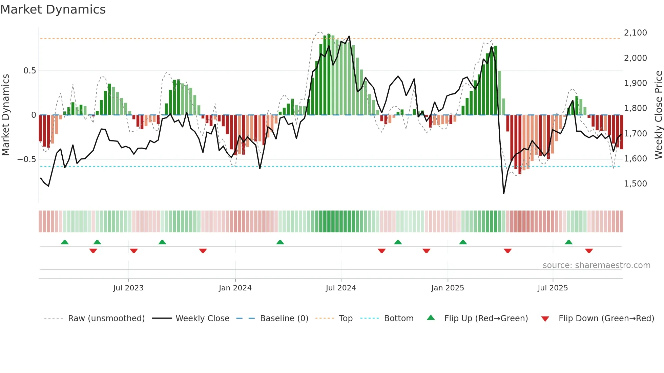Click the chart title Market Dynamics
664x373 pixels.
pyautogui.click(x=53, y=9)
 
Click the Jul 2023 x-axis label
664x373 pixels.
pyautogui.click(x=128, y=288)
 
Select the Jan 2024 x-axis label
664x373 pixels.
pyautogui.click(x=235, y=288)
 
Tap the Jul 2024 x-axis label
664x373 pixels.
pyautogui.click(x=341, y=288)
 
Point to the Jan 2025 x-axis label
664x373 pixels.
pyautogui.click(x=448, y=288)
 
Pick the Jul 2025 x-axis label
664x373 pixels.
pyautogui.click(x=553, y=288)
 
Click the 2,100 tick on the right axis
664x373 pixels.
pyautogui.click(x=635, y=33)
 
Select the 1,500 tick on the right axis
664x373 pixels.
pyautogui.click(x=635, y=184)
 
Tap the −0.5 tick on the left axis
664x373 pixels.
pyautogui.click(x=26, y=159)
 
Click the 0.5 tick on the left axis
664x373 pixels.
pyautogui.click(x=29, y=71)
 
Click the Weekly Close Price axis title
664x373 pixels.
pyautogui.click(x=658, y=115)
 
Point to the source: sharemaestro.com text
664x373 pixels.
pyautogui.click(x=596, y=265)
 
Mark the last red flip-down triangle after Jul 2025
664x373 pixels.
pyautogui.click(x=589, y=251)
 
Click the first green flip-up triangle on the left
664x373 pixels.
pyautogui.click(x=65, y=242)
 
